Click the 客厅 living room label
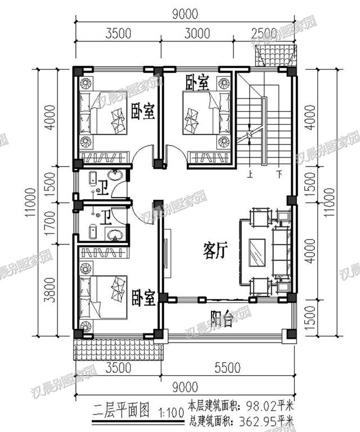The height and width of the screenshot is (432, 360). coord(215,251)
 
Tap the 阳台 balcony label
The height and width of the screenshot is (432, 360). coord(222,319)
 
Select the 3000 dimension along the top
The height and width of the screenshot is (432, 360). coord(197,33)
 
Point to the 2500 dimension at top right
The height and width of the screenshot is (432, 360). coord(264,33)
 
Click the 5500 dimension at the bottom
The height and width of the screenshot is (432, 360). coord(227,367)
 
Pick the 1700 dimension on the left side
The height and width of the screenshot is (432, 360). coord(51,223)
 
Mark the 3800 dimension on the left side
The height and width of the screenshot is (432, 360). coord(51,290)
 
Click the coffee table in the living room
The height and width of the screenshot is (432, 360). coord(258,253)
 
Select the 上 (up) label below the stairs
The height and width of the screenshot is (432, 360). coord(250,174)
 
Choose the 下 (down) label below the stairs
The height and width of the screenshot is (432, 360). coord(280,174)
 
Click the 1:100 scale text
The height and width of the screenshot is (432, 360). coord(172,412)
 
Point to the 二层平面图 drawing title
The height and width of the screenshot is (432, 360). coord(121,409)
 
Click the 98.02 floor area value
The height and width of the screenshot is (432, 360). coord(260,406)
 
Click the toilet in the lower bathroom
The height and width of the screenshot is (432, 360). coord(93,232)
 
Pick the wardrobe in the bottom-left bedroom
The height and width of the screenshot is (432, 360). coord(104,253)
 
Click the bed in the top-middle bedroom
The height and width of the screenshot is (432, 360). coord(206,113)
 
